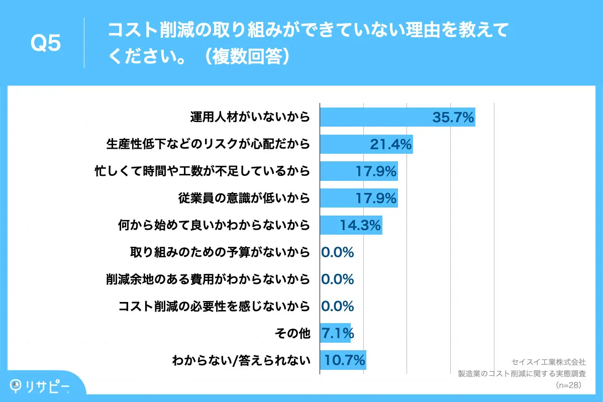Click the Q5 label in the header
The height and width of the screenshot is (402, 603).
click(46, 44)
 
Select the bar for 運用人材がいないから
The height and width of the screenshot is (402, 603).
click(377, 118)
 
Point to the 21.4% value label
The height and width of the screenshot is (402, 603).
click(391, 145)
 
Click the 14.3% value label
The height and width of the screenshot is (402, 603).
click(360, 225)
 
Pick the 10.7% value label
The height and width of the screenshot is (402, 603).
click(344, 360)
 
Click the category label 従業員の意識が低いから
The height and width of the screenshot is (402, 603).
click(244, 198)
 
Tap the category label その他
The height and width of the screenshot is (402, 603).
click(293, 333)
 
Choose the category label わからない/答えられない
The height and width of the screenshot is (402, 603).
click(241, 360)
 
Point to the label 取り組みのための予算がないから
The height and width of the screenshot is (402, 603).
click(220, 252)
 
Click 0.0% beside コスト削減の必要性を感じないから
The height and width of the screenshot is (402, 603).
click(338, 306)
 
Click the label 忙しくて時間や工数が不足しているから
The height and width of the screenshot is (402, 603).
click(202, 171)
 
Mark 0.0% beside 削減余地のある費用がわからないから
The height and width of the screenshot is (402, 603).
click(338, 279)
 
